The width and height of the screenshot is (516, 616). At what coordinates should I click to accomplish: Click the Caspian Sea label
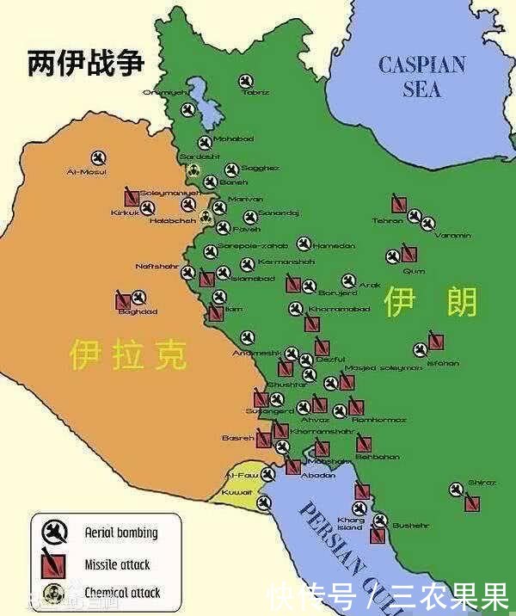422,76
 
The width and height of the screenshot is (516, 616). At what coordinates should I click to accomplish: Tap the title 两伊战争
85,64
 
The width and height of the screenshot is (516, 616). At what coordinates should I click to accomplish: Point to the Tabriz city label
255,92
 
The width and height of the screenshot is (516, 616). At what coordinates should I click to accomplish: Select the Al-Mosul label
87,172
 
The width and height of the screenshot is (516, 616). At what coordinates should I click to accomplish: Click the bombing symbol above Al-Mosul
97,157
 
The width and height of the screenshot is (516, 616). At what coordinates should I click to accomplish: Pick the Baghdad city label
138,311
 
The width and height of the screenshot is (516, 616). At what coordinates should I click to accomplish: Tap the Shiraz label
482,483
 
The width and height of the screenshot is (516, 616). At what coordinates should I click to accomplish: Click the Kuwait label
236,492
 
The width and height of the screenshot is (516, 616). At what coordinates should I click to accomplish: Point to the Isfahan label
442,363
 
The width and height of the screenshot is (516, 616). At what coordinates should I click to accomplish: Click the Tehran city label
387,221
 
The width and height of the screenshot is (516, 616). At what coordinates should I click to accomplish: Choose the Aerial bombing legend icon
54,533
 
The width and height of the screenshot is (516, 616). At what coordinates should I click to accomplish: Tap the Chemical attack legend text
122,593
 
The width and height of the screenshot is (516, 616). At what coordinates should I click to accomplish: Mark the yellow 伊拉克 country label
129,354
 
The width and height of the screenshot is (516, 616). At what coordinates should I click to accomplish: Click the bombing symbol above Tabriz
247,80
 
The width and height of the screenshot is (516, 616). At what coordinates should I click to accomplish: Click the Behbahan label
378,457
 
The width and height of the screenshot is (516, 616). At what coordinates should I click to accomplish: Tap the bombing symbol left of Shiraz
456,490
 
